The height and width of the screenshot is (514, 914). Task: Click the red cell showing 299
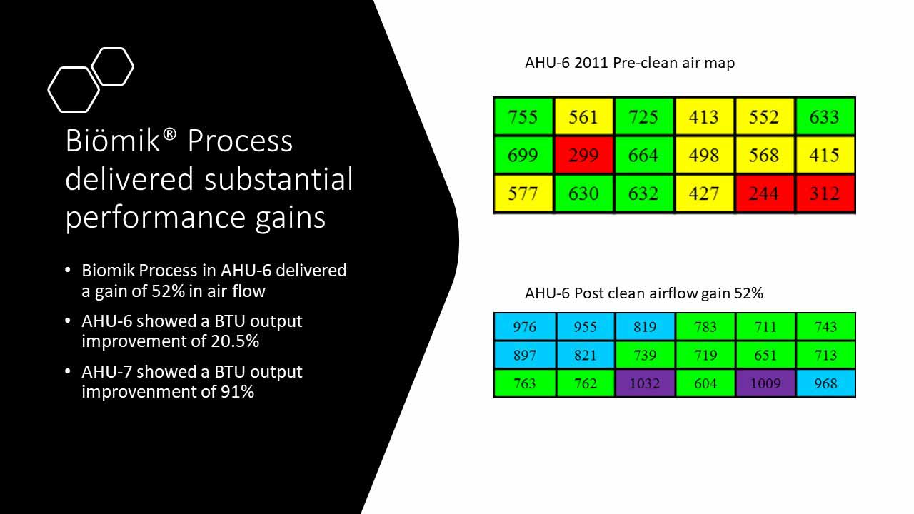[x=583, y=155]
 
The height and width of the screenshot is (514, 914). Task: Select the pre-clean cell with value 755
[x=523, y=116]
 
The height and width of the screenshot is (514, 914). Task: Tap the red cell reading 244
[x=765, y=193]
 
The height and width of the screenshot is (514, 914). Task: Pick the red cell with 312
[x=825, y=193]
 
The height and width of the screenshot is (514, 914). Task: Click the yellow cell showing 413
[x=704, y=116]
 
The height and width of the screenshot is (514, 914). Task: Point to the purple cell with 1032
[x=645, y=383]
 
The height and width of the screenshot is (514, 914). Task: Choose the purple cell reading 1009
[x=765, y=383]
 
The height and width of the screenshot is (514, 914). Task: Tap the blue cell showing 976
[x=524, y=326]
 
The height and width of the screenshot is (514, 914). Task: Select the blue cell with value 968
[x=826, y=383]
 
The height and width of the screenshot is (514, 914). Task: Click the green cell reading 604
[x=705, y=383]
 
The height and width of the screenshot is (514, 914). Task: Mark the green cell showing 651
[x=765, y=355]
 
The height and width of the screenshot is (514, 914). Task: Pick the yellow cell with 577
[x=523, y=193]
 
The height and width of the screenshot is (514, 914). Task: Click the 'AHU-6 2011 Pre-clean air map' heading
[x=630, y=63]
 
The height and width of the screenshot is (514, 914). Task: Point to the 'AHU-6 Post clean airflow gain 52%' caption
[x=644, y=293]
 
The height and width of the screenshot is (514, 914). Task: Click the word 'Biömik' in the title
[x=113, y=140]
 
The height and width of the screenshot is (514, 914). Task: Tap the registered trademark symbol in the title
[x=171, y=133]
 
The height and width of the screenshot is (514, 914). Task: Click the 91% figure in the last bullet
[x=238, y=392]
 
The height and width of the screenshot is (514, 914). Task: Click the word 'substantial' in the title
[x=278, y=178]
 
